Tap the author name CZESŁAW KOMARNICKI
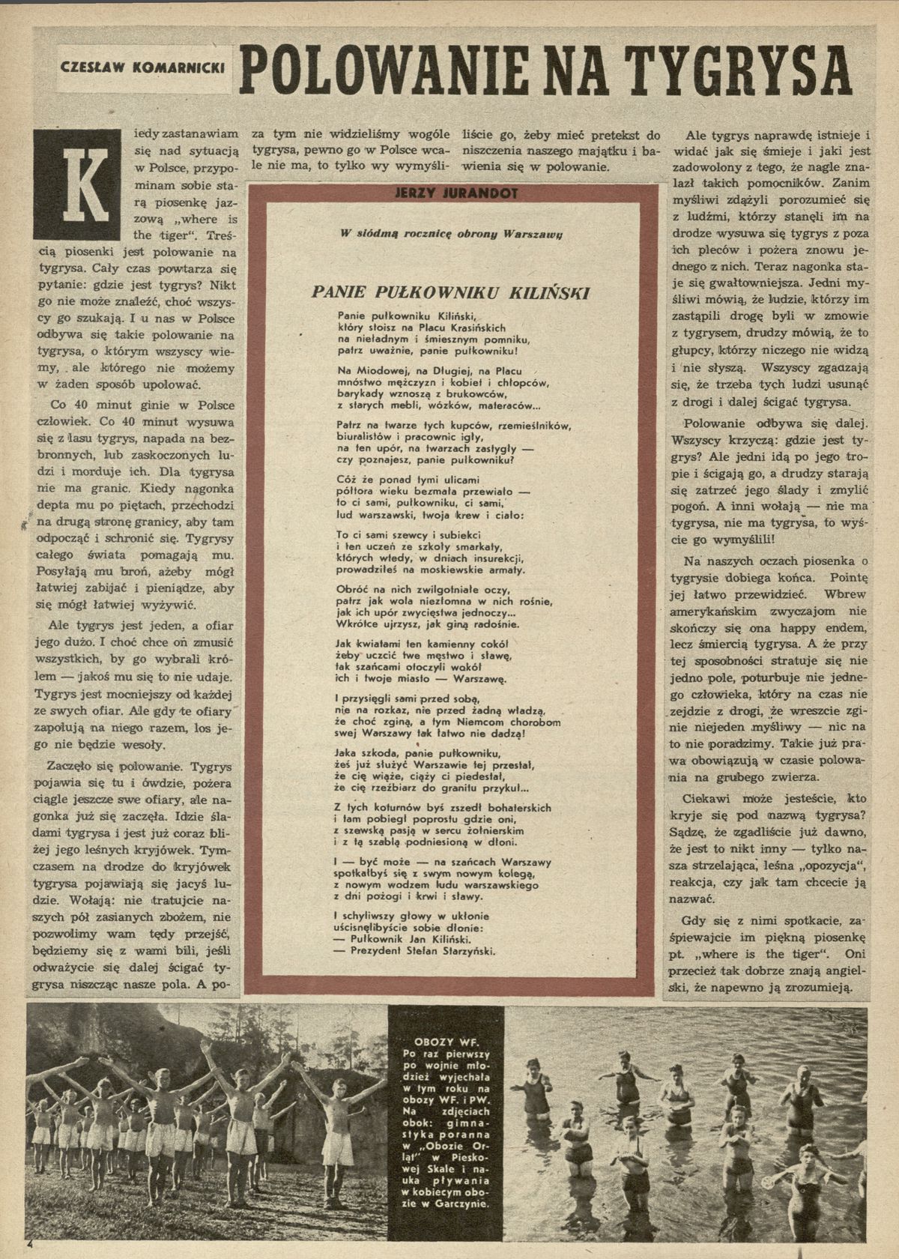point(142,67)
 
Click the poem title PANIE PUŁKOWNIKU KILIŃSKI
point(450,291)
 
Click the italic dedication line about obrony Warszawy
point(451,234)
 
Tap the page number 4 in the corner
point(30,1243)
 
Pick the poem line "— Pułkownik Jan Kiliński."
point(400,939)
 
